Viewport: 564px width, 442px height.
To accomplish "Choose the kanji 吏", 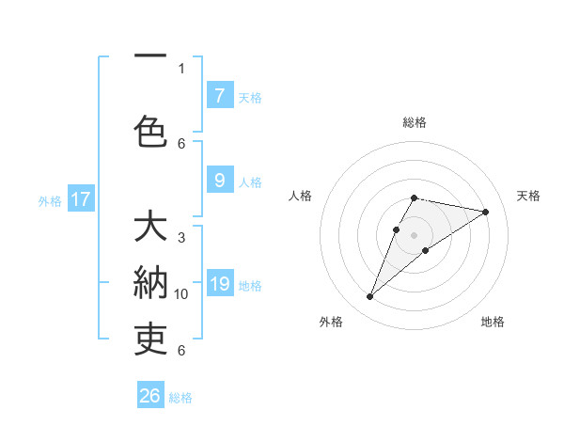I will (150, 338).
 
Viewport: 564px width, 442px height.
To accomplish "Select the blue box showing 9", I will (219, 181).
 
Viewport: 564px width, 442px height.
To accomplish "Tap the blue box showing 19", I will (219, 284).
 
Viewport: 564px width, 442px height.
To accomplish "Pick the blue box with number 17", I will (81, 199).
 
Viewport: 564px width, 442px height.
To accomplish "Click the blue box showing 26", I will (150, 396).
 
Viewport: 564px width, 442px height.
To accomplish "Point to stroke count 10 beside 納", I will (181, 294).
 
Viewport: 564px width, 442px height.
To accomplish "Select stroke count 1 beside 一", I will (181, 68).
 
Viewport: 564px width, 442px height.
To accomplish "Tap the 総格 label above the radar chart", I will (415, 122).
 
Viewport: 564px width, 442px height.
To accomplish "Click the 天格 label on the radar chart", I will (528, 196).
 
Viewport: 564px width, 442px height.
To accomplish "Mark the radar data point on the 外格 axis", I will (370, 297).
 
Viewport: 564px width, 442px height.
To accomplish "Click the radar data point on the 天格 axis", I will (486, 212).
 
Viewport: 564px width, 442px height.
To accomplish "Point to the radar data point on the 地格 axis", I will (426, 250).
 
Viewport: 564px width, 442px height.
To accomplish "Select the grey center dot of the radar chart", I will (415, 234).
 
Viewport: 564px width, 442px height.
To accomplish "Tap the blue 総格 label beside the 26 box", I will (180, 398).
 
